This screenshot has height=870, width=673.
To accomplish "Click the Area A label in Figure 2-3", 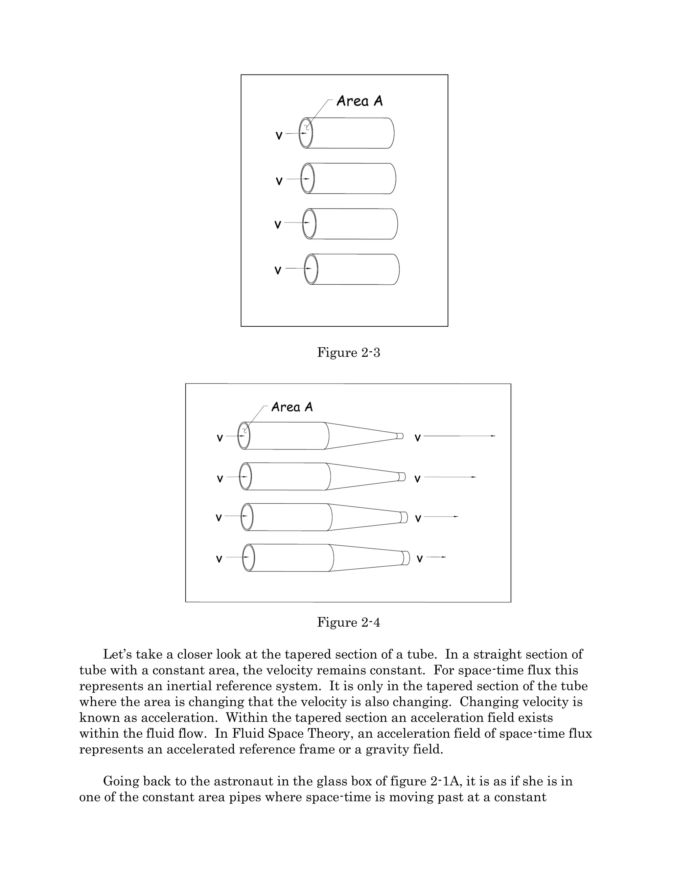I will (x=359, y=101).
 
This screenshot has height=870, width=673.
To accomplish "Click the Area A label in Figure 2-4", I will (x=292, y=407).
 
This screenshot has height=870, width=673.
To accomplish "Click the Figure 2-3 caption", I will (x=348, y=353).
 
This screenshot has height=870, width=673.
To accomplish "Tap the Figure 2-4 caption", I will (x=348, y=622).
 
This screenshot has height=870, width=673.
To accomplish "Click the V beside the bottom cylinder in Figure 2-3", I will (x=278, y=271).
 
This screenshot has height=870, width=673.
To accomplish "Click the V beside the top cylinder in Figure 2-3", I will (x=279, y=136).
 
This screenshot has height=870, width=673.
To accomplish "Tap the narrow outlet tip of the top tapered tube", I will (x=400, y=436).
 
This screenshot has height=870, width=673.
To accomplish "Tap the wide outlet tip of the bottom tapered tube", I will (x=406, y=558).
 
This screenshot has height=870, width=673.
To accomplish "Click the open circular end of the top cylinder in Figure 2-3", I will (x=306, y=133).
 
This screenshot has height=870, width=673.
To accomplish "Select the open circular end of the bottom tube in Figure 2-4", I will (x=248, y=558).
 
